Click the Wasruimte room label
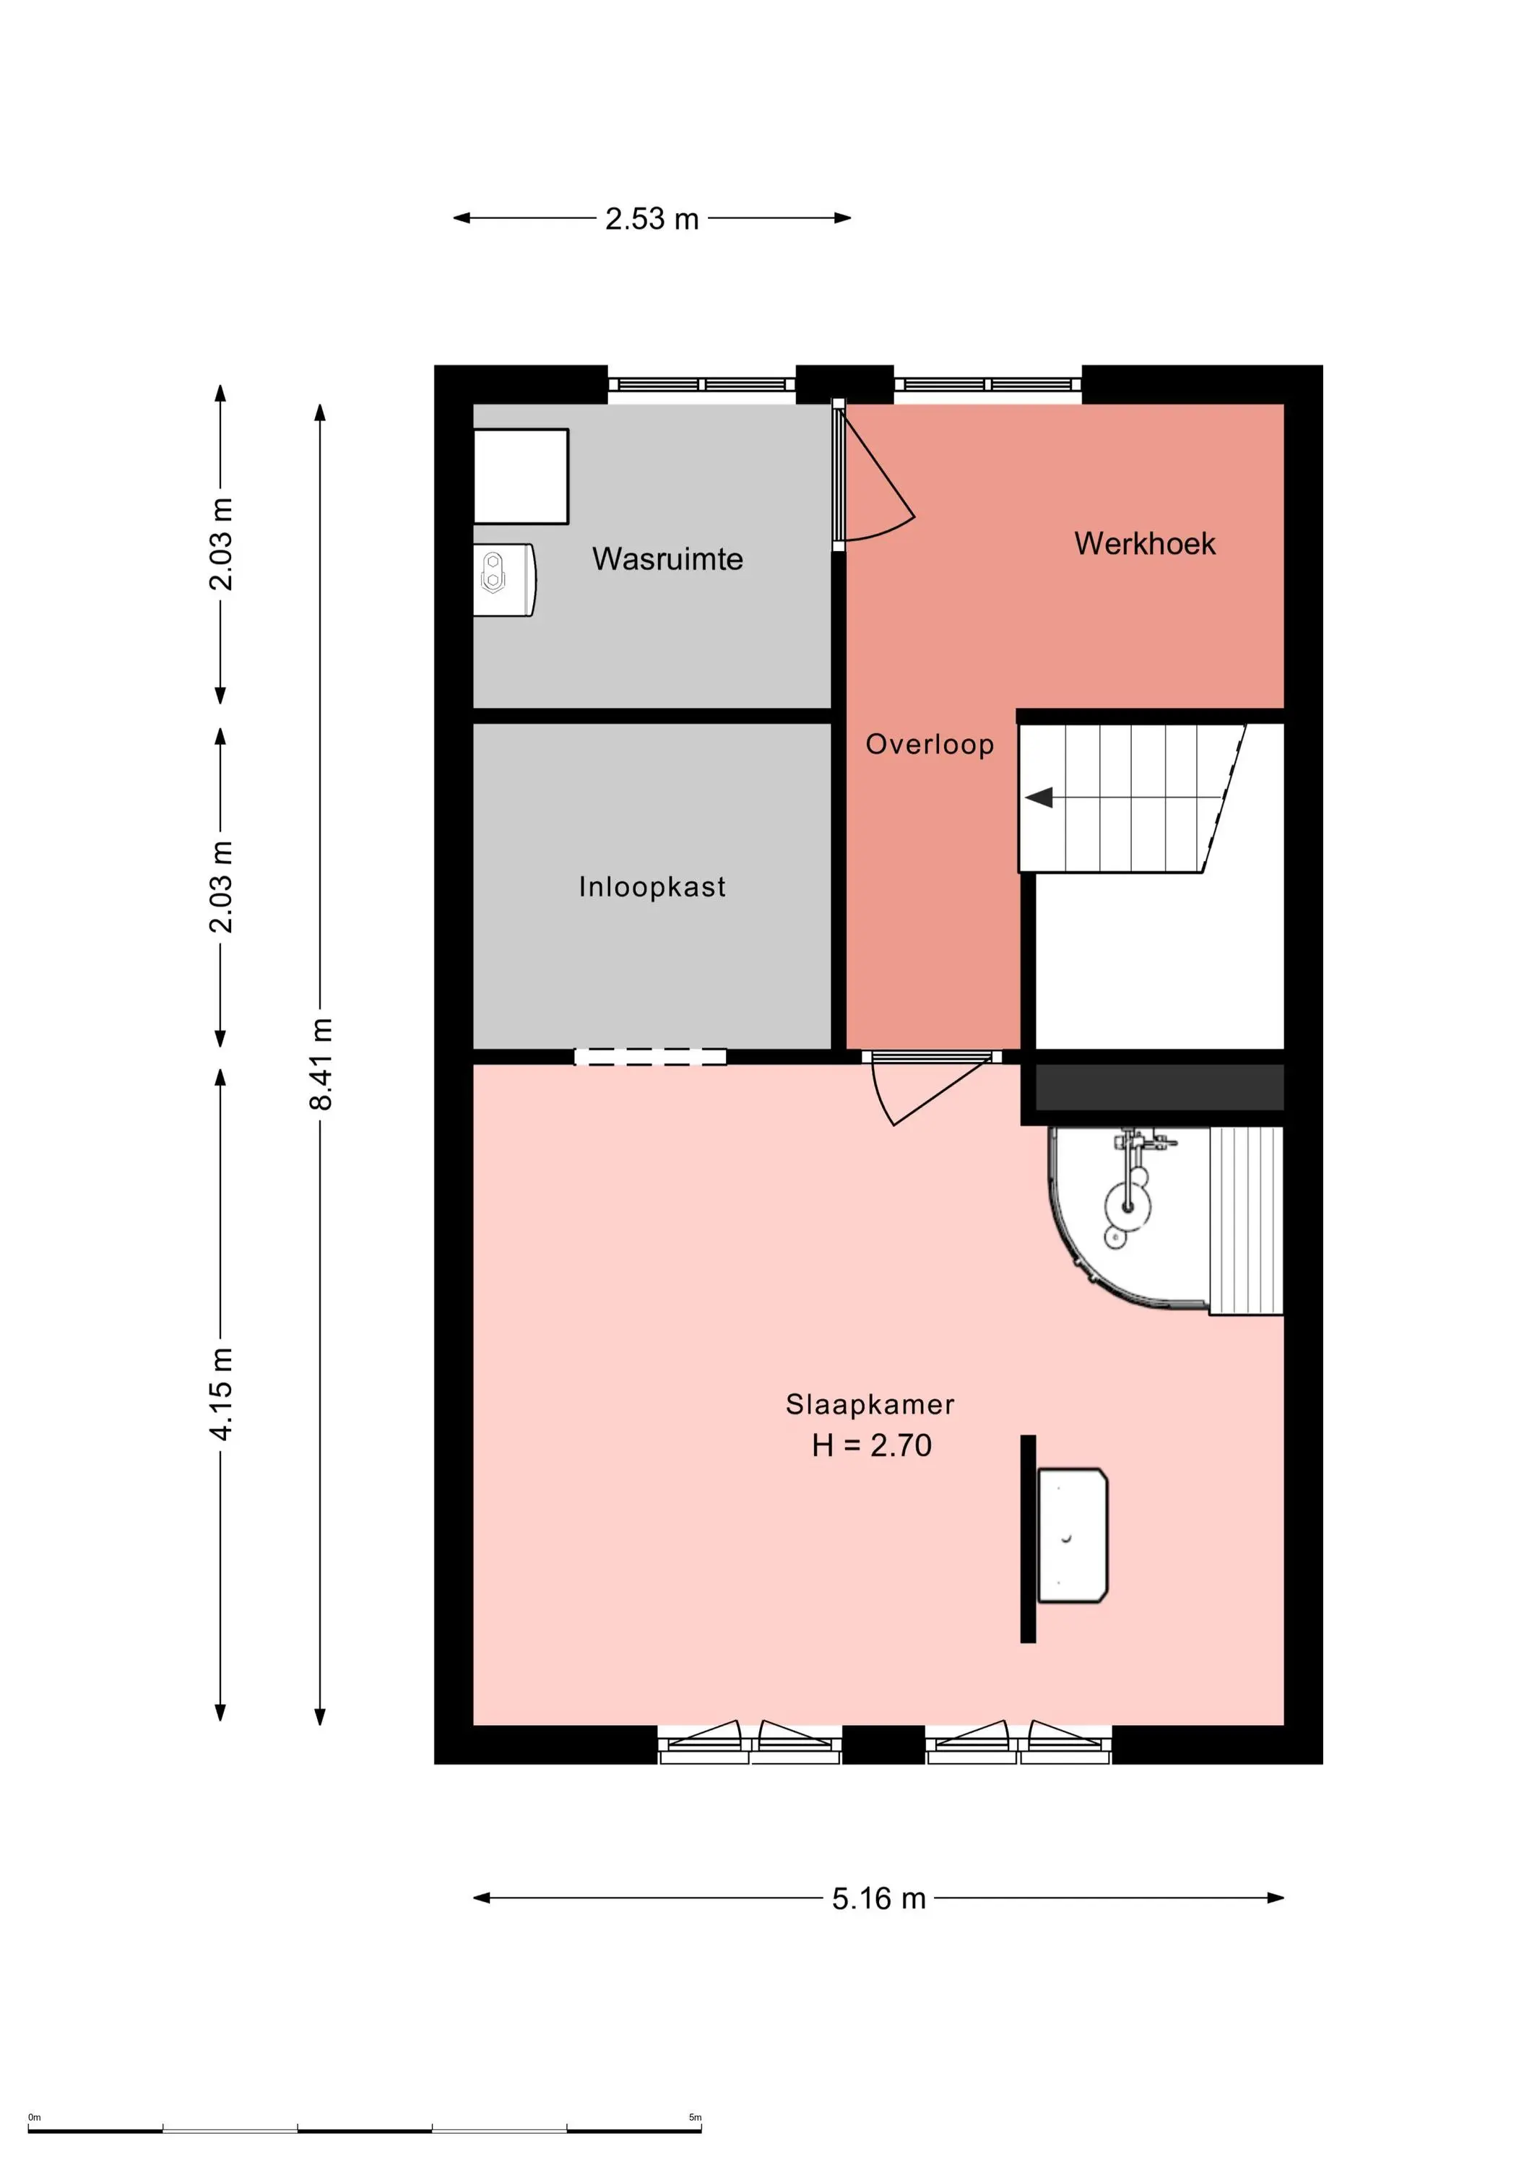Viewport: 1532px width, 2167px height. [x=667, y=559]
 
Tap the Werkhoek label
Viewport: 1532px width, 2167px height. [x=1144, y=544]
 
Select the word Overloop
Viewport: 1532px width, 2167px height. [x=930, y=745]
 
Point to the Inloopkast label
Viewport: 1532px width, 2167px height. [x=652, y=886]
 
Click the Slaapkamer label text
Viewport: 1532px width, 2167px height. [x=870, y=1404]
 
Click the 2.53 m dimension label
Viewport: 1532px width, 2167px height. [x=652, y=219]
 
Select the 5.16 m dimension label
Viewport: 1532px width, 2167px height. [x=879, y=1898]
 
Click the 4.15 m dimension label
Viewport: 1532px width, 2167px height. [x=220, y=1394]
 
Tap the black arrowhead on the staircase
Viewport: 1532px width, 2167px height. [x=1039, y=797]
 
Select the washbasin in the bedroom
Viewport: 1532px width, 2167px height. [x=1073, y=1535]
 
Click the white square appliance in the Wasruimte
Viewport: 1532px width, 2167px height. [x=521, y=477]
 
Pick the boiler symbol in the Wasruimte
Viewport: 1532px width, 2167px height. [x=504, y=579]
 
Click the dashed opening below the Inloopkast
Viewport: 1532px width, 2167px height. [x=650, y=1057]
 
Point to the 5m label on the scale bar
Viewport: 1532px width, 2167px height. [x=695, y=2117]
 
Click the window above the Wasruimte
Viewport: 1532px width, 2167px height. [x=701, y=384]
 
